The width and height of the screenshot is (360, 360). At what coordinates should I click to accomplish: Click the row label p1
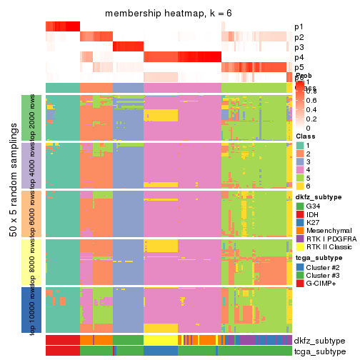(x=299, y=27)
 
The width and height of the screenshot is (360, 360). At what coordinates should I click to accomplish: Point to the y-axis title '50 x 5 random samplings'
(x=14, y=214)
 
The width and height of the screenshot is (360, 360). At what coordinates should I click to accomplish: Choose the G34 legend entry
(x=314, y=207)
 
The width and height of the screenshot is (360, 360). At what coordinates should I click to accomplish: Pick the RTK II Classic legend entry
(x=330, y=247)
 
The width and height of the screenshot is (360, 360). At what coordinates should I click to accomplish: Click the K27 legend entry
(x=314, y=223)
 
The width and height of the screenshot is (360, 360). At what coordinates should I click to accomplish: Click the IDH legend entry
(x=314, y=215)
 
